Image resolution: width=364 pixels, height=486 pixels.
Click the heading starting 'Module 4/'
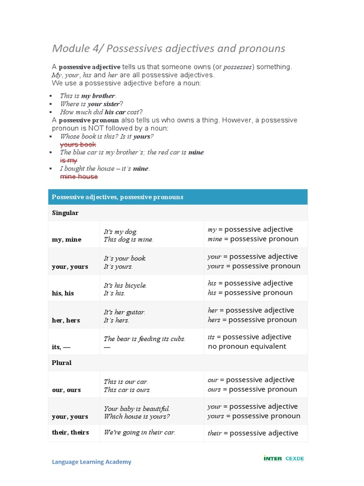[x=168, y=48]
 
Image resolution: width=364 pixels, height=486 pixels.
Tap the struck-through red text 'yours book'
[x=78, y=144]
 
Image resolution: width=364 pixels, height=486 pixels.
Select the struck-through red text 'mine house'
[x=79, y=177]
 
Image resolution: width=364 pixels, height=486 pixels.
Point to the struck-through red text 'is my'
[x=68, y=160]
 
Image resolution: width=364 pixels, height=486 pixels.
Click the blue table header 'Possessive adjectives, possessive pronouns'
[x=118, y=197]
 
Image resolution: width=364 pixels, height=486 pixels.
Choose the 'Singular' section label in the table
[x=65, y=213]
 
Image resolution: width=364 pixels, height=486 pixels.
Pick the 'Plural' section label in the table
[x=62, y=363]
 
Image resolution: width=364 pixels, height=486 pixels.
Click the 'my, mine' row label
[x=66, y=240]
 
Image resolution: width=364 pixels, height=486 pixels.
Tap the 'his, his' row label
[x=63, y=293]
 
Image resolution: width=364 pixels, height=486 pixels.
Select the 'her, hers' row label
[x=66, y=320]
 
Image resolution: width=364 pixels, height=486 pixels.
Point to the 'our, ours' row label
[x=66, y=390]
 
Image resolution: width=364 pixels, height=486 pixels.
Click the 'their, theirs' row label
[x=70, y=432]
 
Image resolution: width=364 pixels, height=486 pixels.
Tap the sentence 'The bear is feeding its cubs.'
[x=145, y=339]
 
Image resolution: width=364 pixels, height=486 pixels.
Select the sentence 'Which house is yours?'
[x=137, y=417]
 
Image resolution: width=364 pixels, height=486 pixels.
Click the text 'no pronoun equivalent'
[x=247, y=346]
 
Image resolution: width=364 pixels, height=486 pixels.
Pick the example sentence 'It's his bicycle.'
[x=125, y=285]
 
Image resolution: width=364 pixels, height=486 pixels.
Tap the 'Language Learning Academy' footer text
[x=91, y=462]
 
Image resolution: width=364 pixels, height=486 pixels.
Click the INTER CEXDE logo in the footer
[x=283, y=458]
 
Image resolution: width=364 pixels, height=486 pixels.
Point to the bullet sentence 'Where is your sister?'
[x=91, y=104]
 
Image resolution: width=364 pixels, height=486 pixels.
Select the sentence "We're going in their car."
[x=139, y=432]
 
